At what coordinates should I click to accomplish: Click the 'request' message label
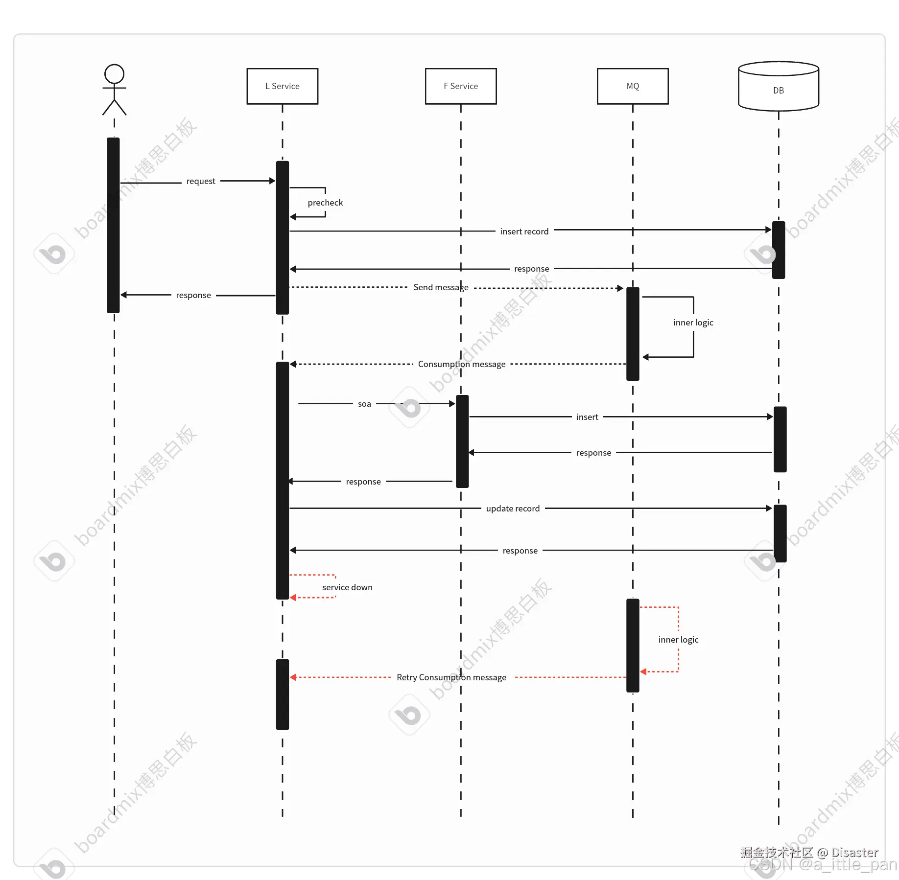pos(201,181)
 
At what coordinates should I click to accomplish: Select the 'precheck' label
pos(325,203)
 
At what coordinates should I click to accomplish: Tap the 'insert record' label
pos(524,232)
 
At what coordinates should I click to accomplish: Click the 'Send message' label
pos(441,287)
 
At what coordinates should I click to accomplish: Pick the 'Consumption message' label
pos(462,364)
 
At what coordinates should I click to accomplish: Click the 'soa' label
pos(364,404)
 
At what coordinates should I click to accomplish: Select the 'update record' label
pos(513,509)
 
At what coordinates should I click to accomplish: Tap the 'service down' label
pos(347,587)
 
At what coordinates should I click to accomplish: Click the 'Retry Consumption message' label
pos(451,677)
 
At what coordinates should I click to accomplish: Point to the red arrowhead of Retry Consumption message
pos(293,677)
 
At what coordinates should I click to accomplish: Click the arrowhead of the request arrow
pos(272,181)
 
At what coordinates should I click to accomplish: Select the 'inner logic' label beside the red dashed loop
pos(678,640)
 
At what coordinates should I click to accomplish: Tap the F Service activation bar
pos(462,441)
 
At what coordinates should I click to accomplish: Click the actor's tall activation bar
pos(113,225)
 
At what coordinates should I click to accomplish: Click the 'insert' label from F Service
pos(587,417)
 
